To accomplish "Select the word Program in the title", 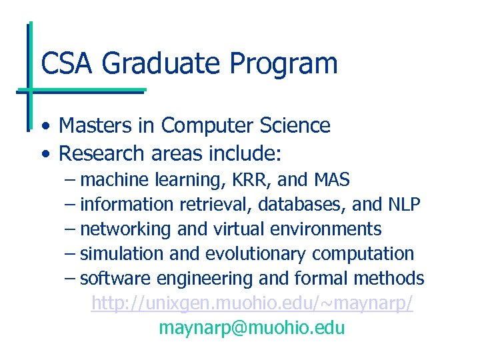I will [284, 64].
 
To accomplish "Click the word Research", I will [102, 153].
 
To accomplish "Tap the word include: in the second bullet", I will [245, 153].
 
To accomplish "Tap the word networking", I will [125, 229].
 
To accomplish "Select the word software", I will [113, 279].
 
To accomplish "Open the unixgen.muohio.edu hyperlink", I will [252, 304].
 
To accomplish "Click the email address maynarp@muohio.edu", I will [252, 328].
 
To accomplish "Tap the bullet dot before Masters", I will [44, 126].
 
